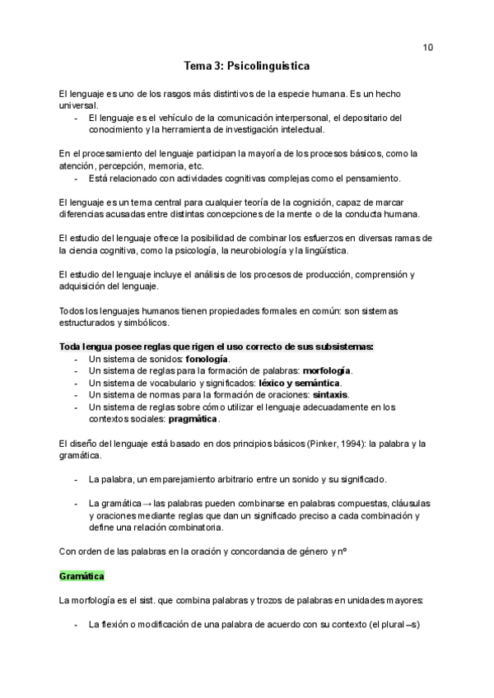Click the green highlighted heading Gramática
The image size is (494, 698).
coord(82,576)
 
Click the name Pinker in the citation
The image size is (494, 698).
coord(319,444)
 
